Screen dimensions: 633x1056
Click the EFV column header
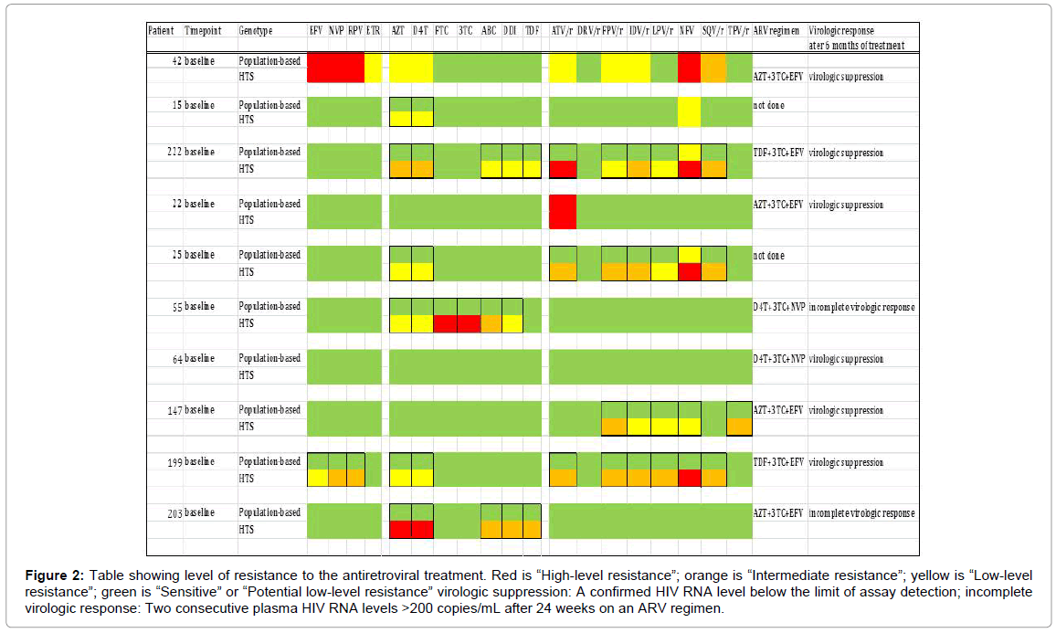pos(316,30)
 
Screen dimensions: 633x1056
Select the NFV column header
pos(687,30)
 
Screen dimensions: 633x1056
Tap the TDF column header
pos(532,30)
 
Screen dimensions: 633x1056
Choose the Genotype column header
pos(256,30)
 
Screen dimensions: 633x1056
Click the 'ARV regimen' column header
pos(778,30)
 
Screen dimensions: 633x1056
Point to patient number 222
pos(168,153)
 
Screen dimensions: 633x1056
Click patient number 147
pos(168,410)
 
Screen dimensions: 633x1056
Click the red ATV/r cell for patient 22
pos(562,212)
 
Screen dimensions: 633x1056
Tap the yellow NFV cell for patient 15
pos(689,111)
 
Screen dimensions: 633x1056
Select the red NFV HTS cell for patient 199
pos(689,478)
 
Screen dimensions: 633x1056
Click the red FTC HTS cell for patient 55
pos(444,323)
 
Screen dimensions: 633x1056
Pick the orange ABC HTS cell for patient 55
pos(491,323)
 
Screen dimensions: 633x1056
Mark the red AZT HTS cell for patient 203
pos(400,530)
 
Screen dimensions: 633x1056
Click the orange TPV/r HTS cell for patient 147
pos(738,427)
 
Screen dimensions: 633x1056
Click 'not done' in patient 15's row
pos(768,105)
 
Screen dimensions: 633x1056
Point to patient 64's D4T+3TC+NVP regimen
pos(778,359)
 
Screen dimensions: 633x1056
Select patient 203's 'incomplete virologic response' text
pos(861,513)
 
